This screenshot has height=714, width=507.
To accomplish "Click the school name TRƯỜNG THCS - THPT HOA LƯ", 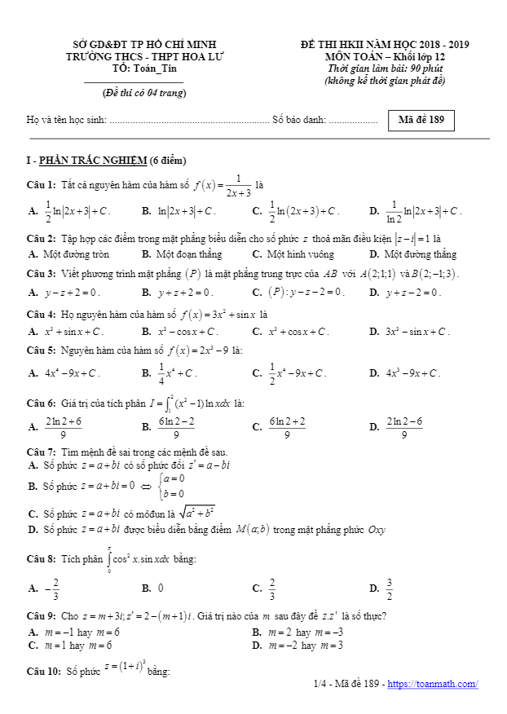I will [144, 57].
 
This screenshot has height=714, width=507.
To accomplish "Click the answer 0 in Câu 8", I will [161, 587].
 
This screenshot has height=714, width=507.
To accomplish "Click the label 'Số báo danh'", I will [299, 121].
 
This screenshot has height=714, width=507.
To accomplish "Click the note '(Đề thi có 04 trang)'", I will [139, 92].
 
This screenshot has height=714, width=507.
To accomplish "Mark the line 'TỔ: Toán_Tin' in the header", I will [144, 68].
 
